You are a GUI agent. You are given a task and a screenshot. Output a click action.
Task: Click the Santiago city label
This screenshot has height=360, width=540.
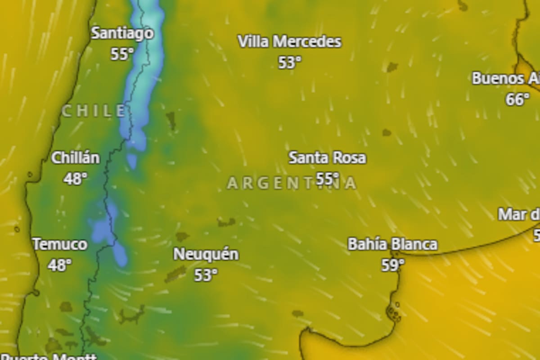tap(122, 33)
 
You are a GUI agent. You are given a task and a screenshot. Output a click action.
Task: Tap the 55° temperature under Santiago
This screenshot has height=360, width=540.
tap(122, 54)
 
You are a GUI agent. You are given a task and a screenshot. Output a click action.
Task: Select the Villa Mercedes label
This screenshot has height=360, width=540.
tap(289, 42)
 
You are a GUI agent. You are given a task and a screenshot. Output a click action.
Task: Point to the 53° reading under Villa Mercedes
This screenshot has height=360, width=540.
tap(289, 63)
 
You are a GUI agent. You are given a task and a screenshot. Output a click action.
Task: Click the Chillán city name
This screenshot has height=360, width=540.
tap(75, 158)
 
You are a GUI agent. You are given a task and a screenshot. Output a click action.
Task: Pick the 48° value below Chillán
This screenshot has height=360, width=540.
tap(75, 179)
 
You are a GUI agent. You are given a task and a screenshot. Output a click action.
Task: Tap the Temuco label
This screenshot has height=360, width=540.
tap(60, 245)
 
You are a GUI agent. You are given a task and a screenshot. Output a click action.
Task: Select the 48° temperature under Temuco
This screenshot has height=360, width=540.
tap(60, 265)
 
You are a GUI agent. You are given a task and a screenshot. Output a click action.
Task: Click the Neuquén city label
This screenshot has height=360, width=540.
tap(206, 254)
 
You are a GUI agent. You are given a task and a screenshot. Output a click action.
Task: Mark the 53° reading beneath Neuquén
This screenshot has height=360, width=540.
tap(206, 274)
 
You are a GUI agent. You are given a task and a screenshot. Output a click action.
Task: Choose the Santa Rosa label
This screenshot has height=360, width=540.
tap(327, 158)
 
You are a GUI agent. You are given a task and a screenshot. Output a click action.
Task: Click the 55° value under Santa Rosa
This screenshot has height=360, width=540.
tap(327, 179)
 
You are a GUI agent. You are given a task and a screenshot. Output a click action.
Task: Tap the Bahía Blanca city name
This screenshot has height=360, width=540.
tap(392, 244)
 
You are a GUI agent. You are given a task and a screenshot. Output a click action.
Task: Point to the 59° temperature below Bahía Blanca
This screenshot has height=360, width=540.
tap(392, 265)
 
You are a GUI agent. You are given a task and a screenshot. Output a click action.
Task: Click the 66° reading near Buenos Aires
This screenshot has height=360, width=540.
tap(517, 99)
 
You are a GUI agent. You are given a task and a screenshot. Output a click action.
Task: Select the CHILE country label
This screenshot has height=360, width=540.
tap(94, 111)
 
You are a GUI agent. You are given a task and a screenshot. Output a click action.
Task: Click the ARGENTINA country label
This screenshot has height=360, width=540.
tap(292, 183)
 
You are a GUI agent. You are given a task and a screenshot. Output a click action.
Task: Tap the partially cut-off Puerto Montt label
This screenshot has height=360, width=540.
tap(49, 357)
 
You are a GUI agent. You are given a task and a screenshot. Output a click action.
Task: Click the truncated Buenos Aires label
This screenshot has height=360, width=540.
tap(505, 79)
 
